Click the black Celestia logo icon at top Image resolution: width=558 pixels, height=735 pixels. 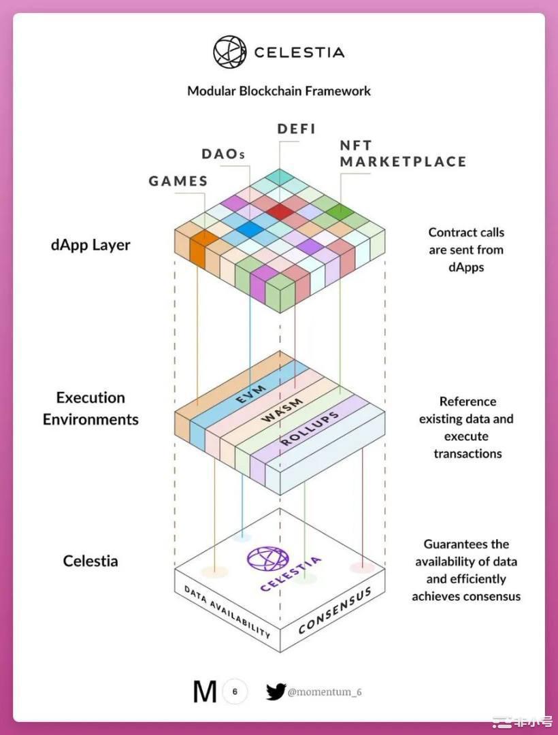[229, 52]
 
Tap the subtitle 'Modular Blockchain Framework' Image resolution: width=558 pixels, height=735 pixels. [279, 91]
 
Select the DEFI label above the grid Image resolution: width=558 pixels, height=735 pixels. [297, 129]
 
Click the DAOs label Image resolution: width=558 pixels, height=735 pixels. [223, 154]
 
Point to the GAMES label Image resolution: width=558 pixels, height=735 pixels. [178, 181]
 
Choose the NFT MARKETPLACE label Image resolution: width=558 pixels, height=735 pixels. [403, 153]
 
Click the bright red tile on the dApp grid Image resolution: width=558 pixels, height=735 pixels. [280, 212]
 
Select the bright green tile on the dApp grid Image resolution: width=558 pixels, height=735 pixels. [340, 212]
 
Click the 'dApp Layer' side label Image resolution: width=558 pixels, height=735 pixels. [91, 245]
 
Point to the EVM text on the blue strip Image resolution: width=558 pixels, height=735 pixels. [250, 394]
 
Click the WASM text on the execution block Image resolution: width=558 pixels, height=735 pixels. [282, 410]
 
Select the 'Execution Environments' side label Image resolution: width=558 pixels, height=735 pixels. [91, 408]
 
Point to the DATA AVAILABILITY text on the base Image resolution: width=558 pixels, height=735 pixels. [227, 612]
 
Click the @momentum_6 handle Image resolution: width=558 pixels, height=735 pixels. [325, 692]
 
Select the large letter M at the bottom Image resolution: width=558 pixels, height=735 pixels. [206, 692]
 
